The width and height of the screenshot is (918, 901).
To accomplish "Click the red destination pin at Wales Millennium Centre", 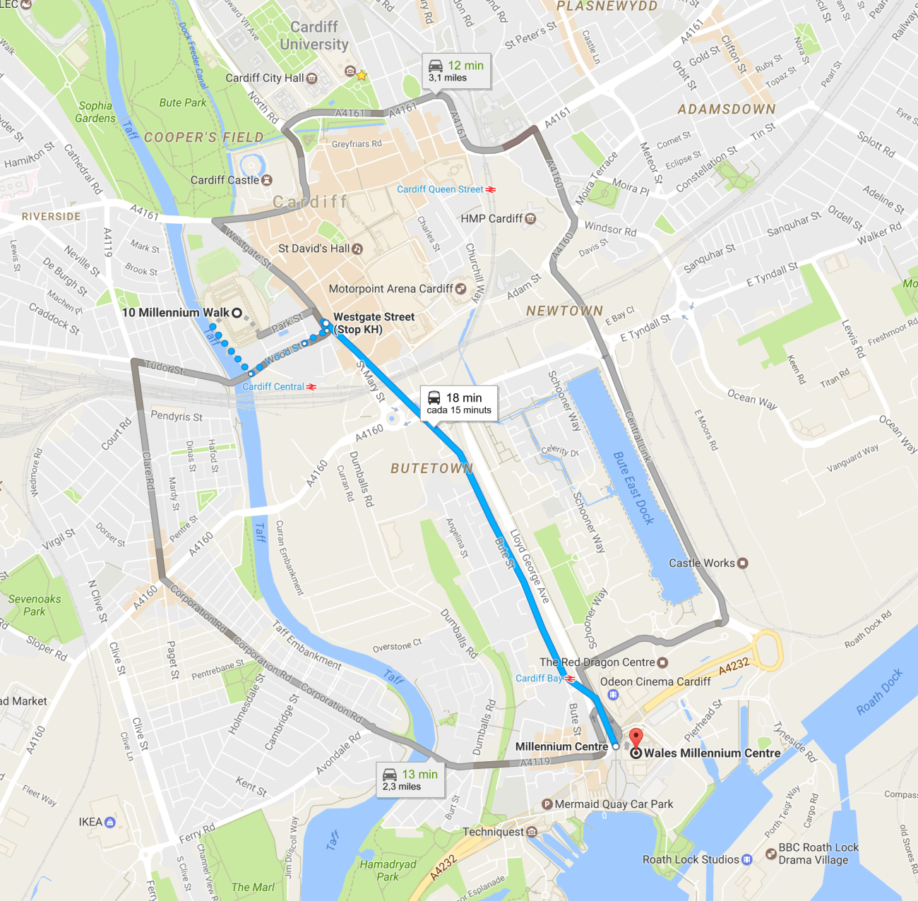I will pyautogui.click(x=636, y=738).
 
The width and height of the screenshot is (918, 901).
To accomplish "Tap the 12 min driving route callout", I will pyautogui.click(x=456, y=71).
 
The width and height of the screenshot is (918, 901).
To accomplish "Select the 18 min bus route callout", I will pyautogui.click(x=459, y=403).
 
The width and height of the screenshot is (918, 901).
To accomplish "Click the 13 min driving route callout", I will pyautogui.click(x=410, y=780).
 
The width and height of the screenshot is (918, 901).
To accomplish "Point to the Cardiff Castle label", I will pyautogui.click(x=225, y=180).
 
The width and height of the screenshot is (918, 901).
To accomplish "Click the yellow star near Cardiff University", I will pyautogui.click(x=362, y=75).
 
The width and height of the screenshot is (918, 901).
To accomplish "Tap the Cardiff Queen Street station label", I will pyautogui.click(x=440, y=189).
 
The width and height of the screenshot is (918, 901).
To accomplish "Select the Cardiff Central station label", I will pyautogui.click(x=273, y=386).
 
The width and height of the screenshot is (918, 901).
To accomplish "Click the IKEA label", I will pyautogui.click(x=91, y=822).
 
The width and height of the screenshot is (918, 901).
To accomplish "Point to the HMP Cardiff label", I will pyautogui.click(x=492, y=219).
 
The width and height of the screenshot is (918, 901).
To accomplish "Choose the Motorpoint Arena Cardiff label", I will pyautogui.click(x=391, y=289).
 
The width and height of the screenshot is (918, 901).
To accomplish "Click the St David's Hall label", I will pyautogui.click(x=314, y=249).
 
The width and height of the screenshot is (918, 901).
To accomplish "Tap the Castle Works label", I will pyautogui.click(x=702, y=563).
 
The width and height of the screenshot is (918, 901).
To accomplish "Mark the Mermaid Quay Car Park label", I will pyautogui.click(x=613, y=804).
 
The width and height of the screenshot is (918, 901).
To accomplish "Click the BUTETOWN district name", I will pyautogui.click(x=431, y=469).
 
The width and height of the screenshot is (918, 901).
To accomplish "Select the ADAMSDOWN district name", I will pyautogui.click(x=727, y=109).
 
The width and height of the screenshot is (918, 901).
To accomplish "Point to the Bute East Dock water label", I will pyautogui.click(x=633, y=488).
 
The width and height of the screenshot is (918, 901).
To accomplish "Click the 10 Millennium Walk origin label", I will pyautogui.click(x=176, y=313).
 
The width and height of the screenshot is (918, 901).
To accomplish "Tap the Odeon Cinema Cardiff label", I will pyautogui.click(x=655, y=681).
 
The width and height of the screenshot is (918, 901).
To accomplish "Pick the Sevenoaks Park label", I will pyautogui.click(x=35, y=605).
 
